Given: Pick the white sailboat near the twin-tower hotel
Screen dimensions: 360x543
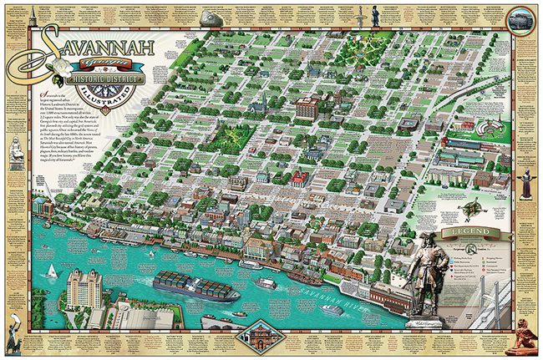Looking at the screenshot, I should click(52, 270).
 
